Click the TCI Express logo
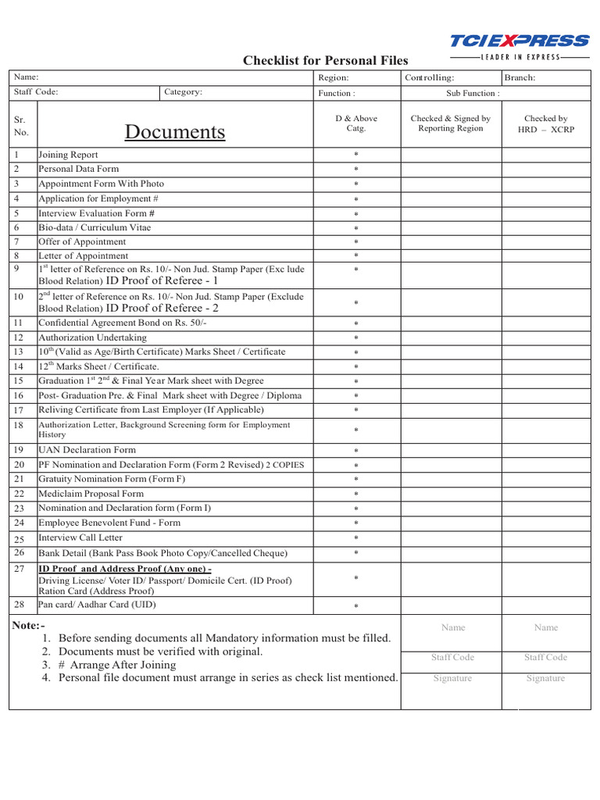(x=519, y=45)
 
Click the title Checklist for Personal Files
(x=325, y=61)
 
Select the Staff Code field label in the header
(x=36, y=92)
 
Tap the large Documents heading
(x=175, y=131)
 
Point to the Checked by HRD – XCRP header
(x=546, y=124)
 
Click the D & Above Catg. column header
(x=355, y=123)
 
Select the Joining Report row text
(x=69, y=155)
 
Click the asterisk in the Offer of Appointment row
(x=355, y=242)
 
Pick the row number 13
(x=19, y=352)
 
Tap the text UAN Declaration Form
(x=87, y=450)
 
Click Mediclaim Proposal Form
(x=91, y=494)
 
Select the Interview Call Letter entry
(x=80, y=537)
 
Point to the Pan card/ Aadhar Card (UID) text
(x=97, y=605)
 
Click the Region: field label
(x=334, y=78)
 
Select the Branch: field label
(x=520, y=78)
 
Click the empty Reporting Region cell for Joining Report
(x=451, y=155)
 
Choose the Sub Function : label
(x=473, y=93)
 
